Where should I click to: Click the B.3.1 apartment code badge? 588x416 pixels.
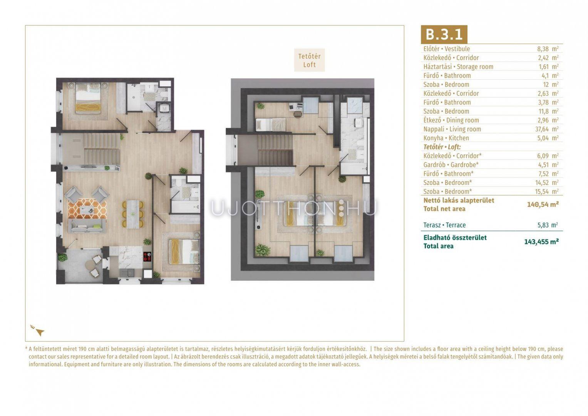pos(444,34)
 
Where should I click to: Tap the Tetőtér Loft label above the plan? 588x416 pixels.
pos(310,60)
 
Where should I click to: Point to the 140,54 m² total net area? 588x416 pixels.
pos(543,204)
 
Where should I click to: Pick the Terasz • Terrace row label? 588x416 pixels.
pos(444,225)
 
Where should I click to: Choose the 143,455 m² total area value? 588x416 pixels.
pos(541,242)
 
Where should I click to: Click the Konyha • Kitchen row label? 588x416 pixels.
pos(446,138)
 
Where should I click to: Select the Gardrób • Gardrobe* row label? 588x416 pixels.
pos(451,165)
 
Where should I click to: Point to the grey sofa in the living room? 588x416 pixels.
pos(87,226)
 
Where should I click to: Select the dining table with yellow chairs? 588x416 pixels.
pos(133,214)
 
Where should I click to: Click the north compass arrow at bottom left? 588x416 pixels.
pos(40,332)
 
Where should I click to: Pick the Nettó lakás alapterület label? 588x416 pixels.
pos(459,201)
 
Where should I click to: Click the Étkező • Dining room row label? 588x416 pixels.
pos(451,120)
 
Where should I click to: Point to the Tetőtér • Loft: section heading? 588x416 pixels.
pos(442,147)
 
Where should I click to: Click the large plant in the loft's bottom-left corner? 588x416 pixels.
pos(263,250)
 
